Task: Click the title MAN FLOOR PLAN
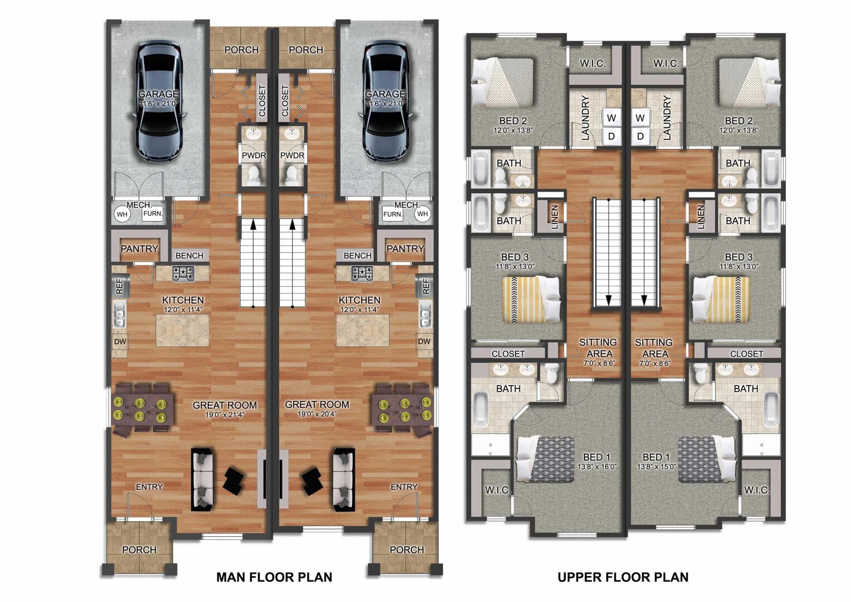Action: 274,577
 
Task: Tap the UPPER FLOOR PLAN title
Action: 623,577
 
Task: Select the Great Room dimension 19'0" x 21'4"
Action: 225,415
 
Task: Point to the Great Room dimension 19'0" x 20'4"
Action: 317,414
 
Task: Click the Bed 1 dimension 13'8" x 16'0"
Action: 597,467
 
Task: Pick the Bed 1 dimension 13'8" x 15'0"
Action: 657,467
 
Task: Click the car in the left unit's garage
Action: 158,100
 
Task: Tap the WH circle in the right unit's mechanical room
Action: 422,213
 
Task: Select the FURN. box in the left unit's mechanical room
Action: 153,213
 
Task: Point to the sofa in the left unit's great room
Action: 202,479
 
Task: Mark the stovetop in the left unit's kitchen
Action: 183,273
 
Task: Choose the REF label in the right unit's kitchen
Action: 426,286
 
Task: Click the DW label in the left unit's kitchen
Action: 120,341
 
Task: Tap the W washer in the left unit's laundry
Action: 611,118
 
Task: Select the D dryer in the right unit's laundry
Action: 640,136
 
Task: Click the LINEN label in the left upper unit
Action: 555,217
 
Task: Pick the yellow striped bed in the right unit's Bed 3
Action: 721,299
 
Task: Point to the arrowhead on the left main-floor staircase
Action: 253,225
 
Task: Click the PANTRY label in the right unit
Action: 405,249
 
